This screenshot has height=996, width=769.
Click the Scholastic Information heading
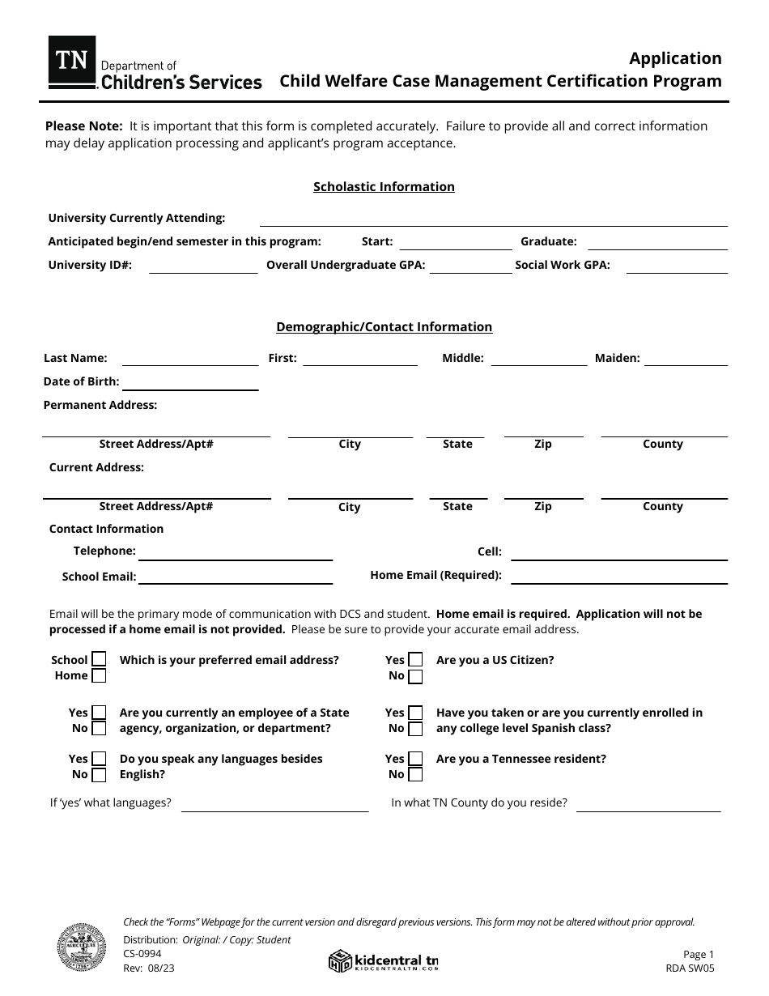click(384, 187)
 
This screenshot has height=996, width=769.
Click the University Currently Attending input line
click(493, 219)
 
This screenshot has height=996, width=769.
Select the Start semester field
click(456, 243)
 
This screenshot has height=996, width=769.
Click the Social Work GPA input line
click(677, 266)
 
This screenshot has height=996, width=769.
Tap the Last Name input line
click(190, 360)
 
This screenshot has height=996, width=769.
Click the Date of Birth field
click(190, 383)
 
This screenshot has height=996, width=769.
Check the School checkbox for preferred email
click(99, 660)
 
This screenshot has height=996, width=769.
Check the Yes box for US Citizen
click(415, 660)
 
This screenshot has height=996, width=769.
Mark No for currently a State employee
click(99, 729)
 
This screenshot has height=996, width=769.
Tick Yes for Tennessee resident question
click(415, 759)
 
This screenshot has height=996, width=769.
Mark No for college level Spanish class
click(415, 729)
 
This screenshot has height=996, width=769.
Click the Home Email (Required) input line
click(619, 577)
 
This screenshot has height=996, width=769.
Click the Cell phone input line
click(619, 553)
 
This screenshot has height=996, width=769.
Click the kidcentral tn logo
click(384, 960)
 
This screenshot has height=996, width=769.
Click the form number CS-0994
click(142, 954)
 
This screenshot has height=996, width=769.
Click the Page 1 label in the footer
click(699, 955)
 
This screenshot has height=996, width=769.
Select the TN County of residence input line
click(648, 805)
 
